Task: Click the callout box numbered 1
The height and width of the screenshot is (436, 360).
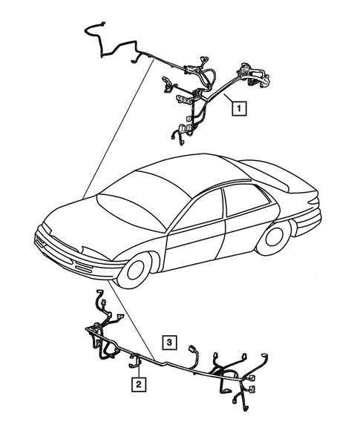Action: point(238,108)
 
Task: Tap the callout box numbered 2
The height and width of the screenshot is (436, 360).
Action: point(139,383)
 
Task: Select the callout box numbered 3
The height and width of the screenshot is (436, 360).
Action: point(170,342)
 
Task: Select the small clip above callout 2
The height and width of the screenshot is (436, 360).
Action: point(137,363)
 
